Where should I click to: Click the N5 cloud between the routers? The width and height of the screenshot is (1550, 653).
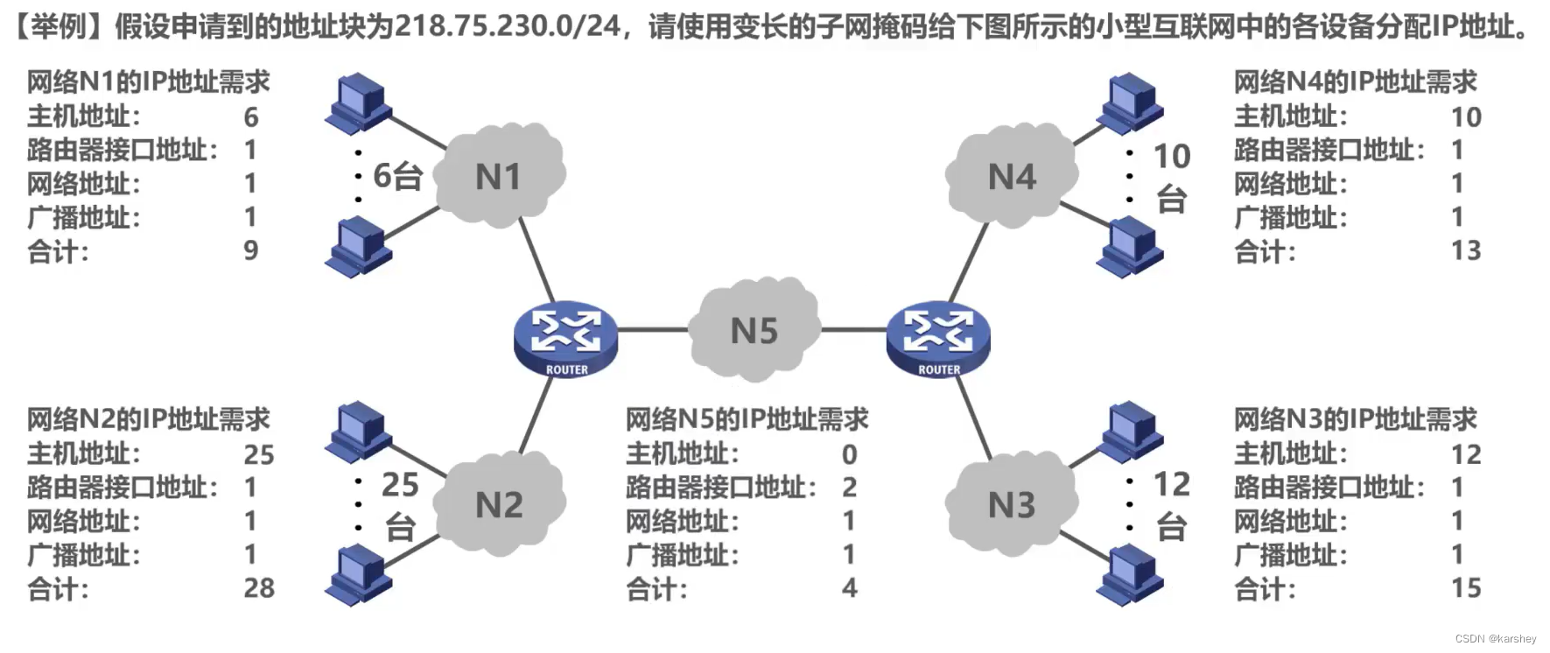coord(754,331)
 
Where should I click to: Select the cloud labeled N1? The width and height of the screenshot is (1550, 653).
coord(499,176)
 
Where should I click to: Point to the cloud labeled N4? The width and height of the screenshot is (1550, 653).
coord(1011,176)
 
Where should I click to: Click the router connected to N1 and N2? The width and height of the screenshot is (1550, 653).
coord(565,340)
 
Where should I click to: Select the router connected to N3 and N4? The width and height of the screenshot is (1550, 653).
coord(938,340)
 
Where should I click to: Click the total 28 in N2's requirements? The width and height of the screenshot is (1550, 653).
coord(259,588)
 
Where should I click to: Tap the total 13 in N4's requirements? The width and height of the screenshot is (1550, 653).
coord(1466,250)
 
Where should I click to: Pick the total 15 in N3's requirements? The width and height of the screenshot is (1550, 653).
coord(1466,588)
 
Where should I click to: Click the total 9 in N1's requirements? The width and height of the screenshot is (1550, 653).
coord(251,250)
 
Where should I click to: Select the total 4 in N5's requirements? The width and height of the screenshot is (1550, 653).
coord(849,588)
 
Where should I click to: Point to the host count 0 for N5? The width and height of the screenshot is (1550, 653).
coord(849,454)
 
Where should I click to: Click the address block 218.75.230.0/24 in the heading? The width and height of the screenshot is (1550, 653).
coord(508,26)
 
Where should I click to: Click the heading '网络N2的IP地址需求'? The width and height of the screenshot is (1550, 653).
coord(148,419)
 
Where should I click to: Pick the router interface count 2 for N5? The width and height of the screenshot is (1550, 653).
coord(849,488)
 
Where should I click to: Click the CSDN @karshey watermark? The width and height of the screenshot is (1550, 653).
coord(1495,639)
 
